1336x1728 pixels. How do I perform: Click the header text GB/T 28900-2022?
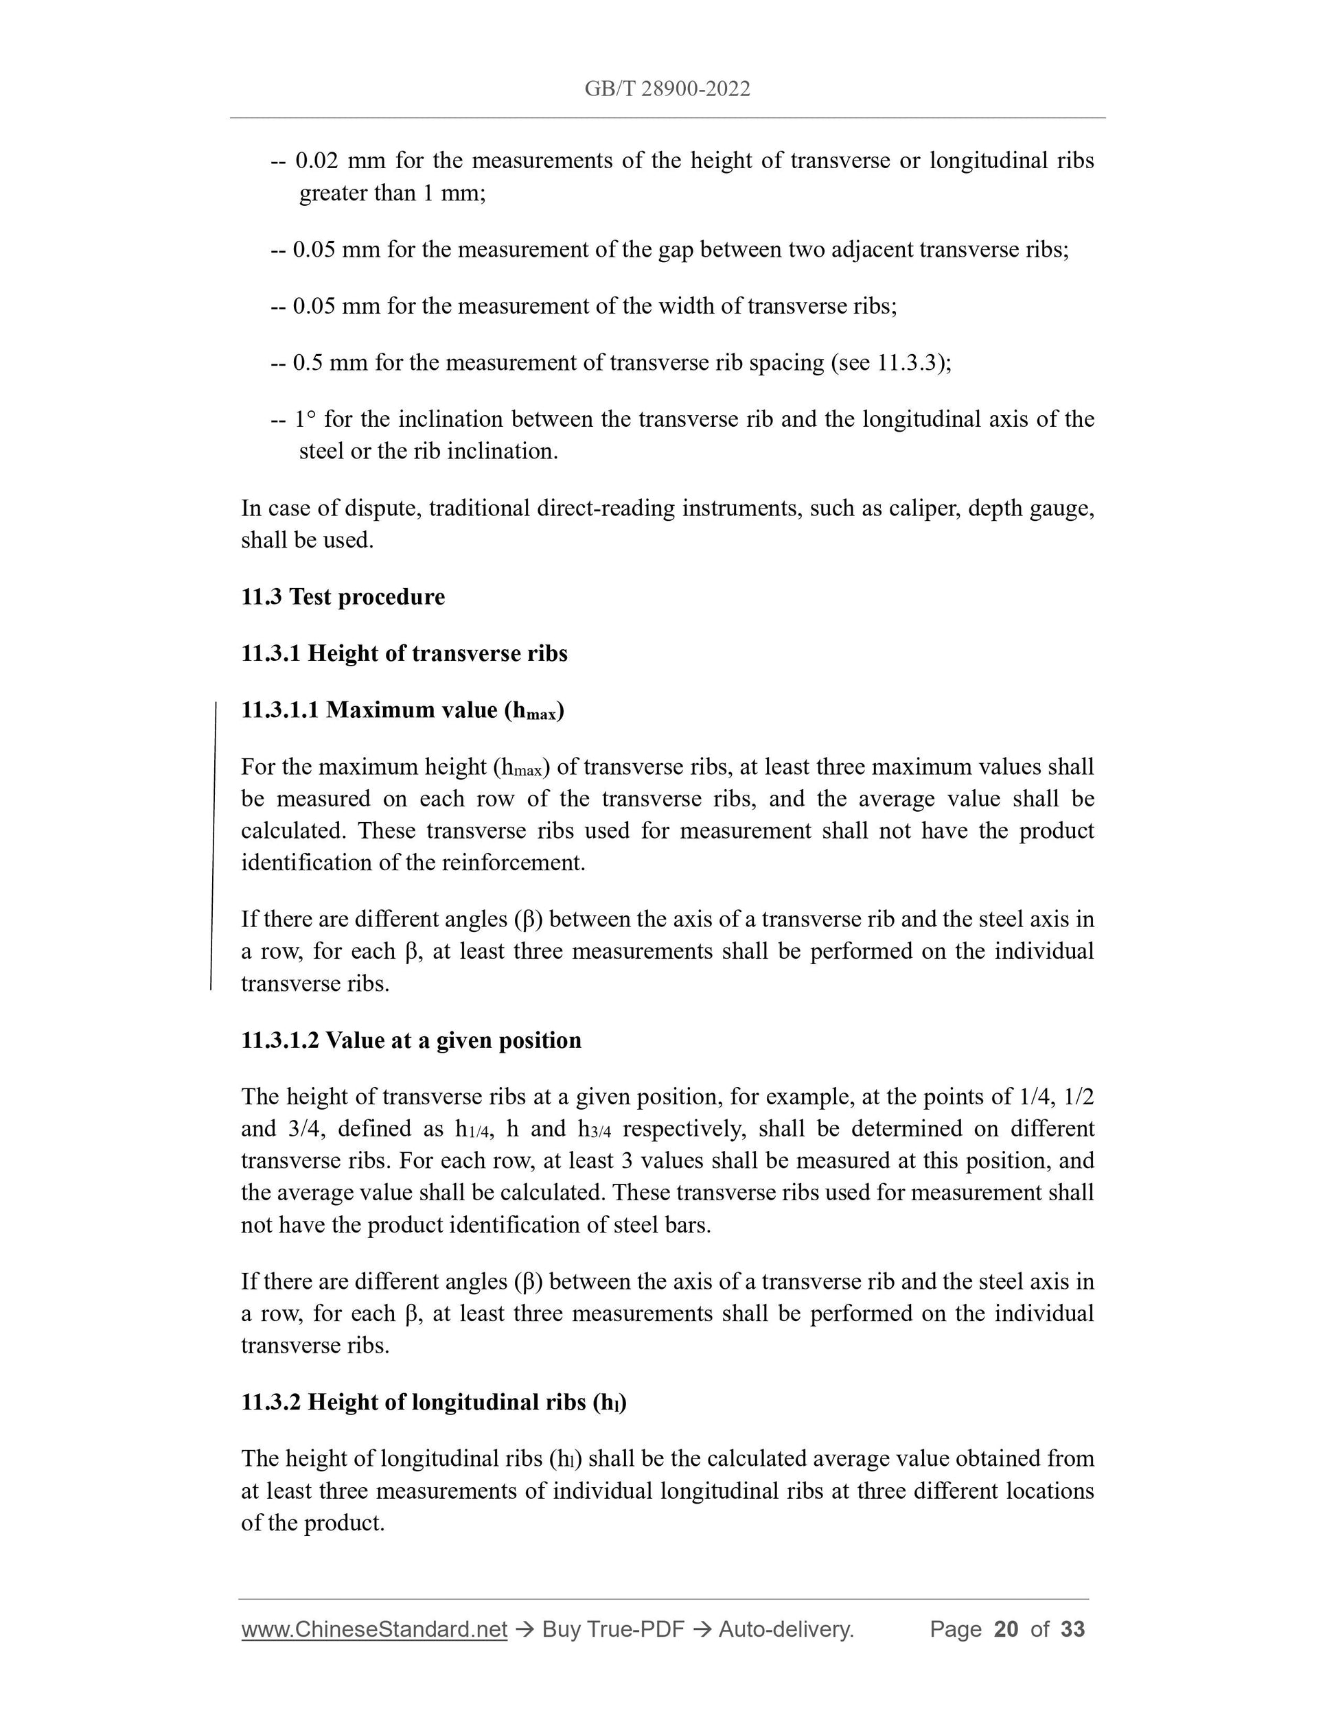click(x=667, y=89)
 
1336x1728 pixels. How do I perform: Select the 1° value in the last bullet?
click(x=305, y=419)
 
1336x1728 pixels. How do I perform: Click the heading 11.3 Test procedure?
click(x=343, y=596)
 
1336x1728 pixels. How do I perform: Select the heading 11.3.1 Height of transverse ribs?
click(x=404, y=653)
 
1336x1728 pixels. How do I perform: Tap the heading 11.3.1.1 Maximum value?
click(x=402, y=710)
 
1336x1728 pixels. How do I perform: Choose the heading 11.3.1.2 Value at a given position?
click(x=411, y=1040)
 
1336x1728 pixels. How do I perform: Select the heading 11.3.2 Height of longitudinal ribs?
click(x=433, y=1403)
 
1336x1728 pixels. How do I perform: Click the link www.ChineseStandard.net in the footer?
click(x=373, y=1629)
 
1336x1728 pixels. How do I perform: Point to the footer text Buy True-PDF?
click(x=612, y=1629)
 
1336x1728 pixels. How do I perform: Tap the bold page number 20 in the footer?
click(x=1005, y=1629)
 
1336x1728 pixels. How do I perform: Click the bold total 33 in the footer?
click(x=1072, y=1629)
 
